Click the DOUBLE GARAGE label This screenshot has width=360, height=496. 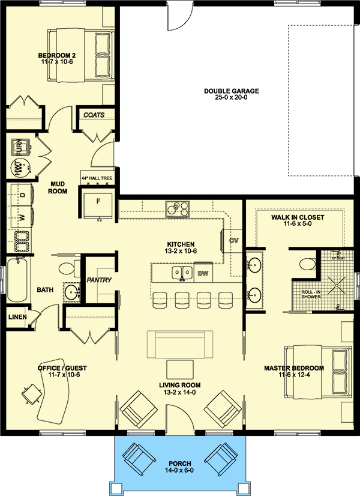point(231,91)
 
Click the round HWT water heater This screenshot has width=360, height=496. point(18,169)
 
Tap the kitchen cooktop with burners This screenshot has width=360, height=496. point(178,210)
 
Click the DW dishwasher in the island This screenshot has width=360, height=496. point(203,274)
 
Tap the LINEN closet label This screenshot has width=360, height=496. point(17,316)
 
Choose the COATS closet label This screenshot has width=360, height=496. point(94,115)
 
